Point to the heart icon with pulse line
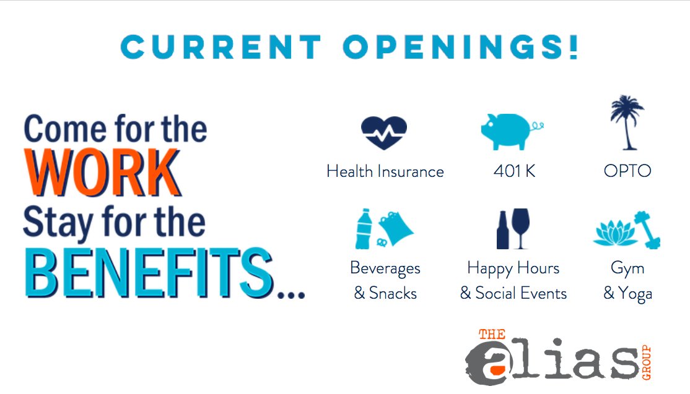(384, 131)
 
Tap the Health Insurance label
(385, 171)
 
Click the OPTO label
(627, 171)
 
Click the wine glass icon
(521, 226)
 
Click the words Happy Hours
(513, 268)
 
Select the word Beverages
(385, 268)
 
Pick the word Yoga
(635, 294)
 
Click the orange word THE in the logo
(492, 335)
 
